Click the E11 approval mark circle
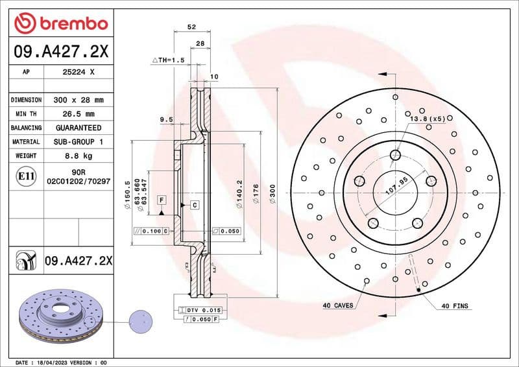pos(25,176)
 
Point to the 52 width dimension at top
pos(191,28)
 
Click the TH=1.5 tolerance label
pos(169,60)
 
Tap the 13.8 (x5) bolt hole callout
pos(426,119)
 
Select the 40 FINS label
pos(455,305)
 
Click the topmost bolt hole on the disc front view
pos(395,154)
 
